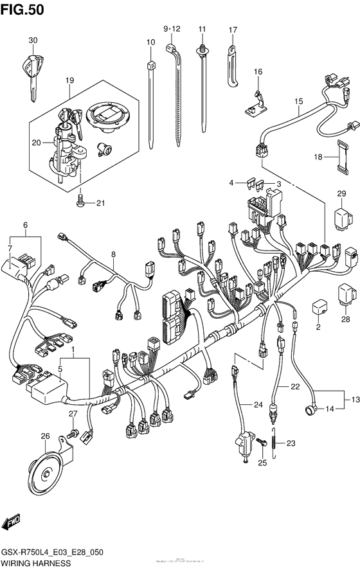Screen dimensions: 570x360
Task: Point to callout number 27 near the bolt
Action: pyautogui.click(x=73, y=414)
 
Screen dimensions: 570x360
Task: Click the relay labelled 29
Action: pyautogui.click(x=342, y=215)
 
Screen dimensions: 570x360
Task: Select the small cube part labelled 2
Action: pyautogui.click(x=318, y=307)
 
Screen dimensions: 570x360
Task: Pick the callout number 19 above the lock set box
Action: pyautogui.click(x=69, y=80)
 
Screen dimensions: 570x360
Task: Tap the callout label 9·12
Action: pyautogui.click(x=172, y=29)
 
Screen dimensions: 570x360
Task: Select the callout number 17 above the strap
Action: pyautogui.click(x=233, y=30)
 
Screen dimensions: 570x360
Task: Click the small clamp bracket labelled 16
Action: pyautogui.click(x=255, y=102)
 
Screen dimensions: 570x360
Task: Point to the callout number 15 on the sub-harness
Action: pyautogui.click(x=298, y=102)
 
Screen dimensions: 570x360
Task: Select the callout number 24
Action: pyautogui.click(x=258, y=404)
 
